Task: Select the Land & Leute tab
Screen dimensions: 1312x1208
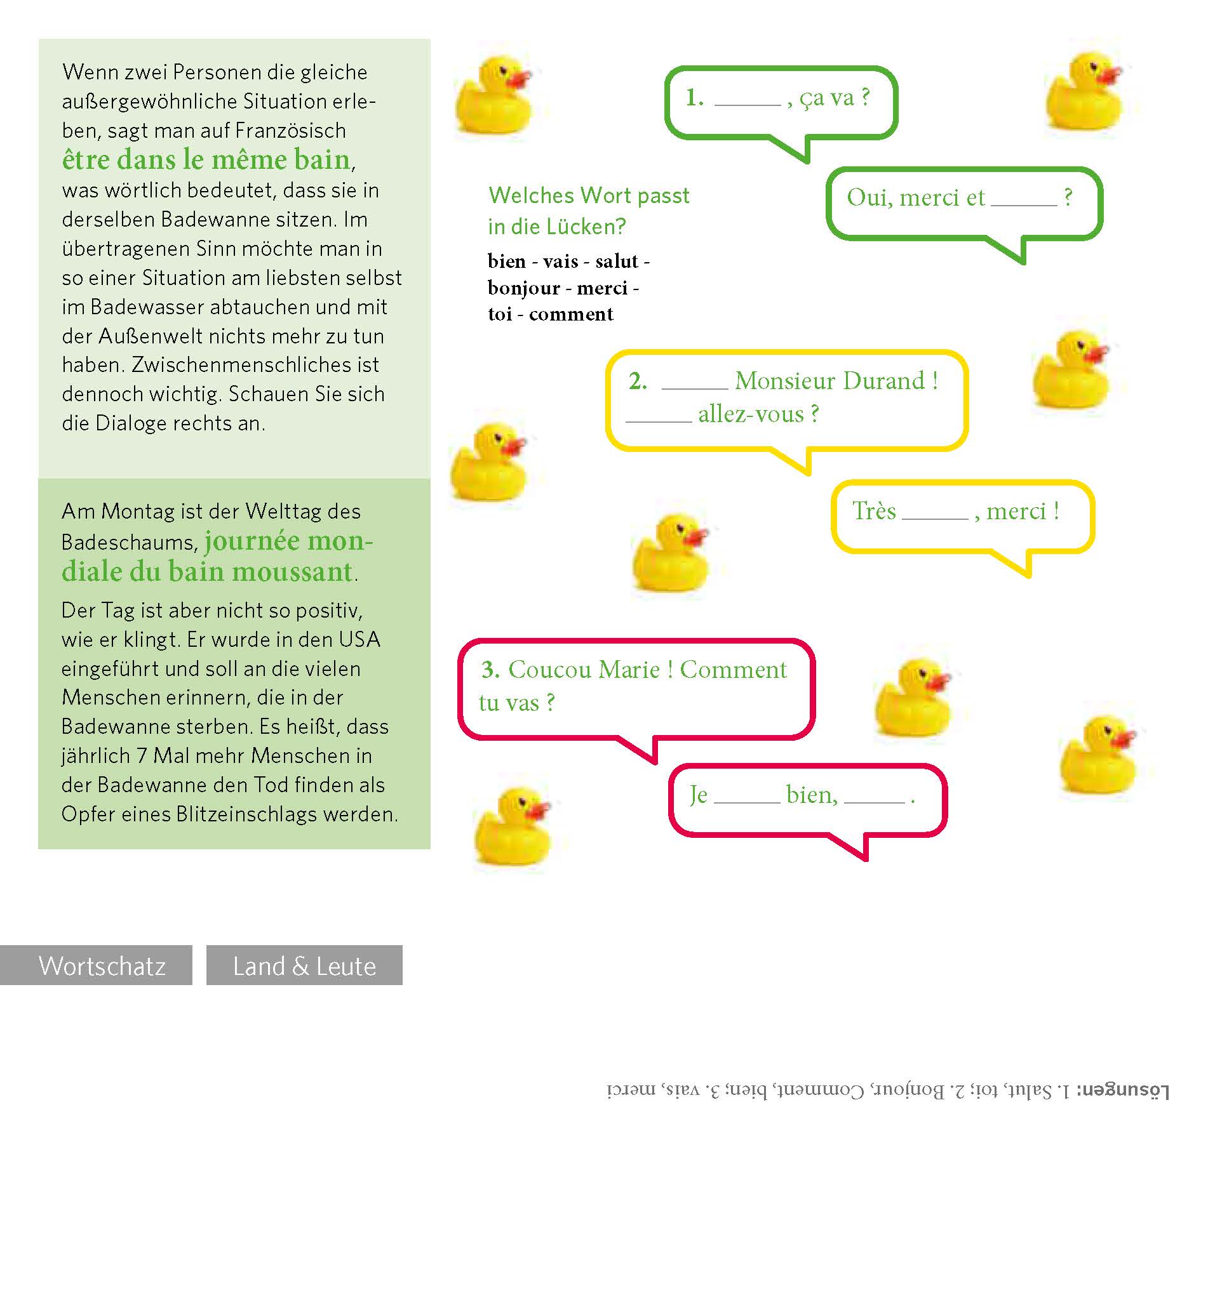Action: (x=304, y=965)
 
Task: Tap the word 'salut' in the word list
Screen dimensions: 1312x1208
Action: (x=617, y=262)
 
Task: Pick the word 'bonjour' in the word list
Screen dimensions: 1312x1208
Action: (x=523, y=288)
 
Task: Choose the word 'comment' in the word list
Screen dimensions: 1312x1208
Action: (x=571, y=314)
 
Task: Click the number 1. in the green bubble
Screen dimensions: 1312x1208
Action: (x=694, y=98)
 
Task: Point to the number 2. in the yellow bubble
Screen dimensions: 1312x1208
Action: (x=637, y=381)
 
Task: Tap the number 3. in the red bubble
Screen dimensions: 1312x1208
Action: (x=490, y=669)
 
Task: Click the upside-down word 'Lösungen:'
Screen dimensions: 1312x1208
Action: (x=1122, y=1090)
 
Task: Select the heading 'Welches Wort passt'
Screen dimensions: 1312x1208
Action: (x=588, y=195)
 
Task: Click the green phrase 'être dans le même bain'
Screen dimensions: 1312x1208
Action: (x=206, y=160)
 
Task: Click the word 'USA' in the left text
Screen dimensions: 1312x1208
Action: (x=359, y=639)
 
